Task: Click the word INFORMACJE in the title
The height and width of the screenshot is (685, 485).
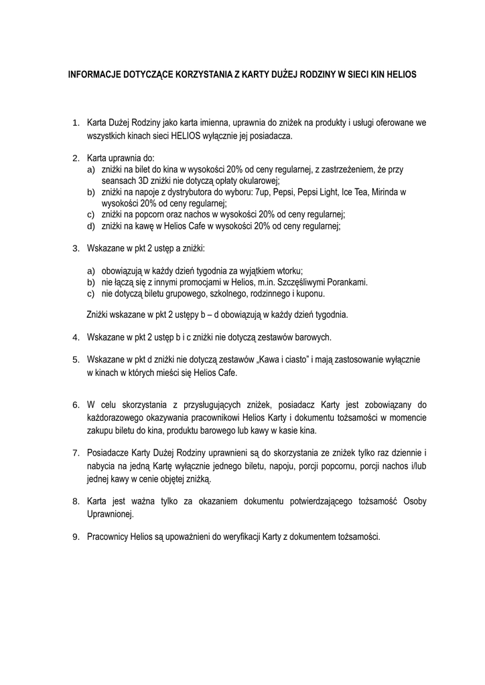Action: [94, 76]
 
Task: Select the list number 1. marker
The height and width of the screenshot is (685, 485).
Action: [76, 123]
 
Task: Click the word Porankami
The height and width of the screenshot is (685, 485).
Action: [347, 282]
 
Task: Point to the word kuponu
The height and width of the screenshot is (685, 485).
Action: [311, 294]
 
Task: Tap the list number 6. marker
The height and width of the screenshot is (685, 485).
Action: [76, 405]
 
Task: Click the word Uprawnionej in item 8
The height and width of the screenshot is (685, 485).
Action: [111, 514]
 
